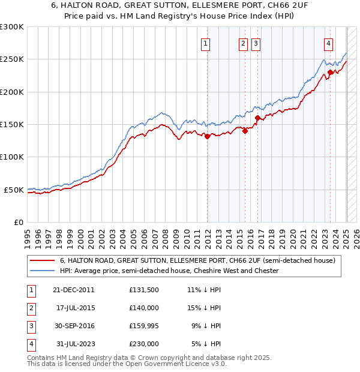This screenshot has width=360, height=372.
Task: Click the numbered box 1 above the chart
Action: tap(205, 43)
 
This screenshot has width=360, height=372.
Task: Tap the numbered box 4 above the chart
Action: tap(329, 43)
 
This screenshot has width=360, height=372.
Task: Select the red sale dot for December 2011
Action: tap(208, 136)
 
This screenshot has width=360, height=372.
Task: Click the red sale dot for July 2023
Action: tap(331, 72)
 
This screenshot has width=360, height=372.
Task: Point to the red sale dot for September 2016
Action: tap(257, 118)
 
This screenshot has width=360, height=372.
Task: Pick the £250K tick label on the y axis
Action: tap(12, 59)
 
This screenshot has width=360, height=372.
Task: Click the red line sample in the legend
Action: tap(41, 261)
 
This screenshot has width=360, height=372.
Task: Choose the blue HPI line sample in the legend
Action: tap(41, 271)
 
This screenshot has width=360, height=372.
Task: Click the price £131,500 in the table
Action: tap(144, 290)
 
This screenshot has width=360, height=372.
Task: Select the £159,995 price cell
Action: tap(144, 326)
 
